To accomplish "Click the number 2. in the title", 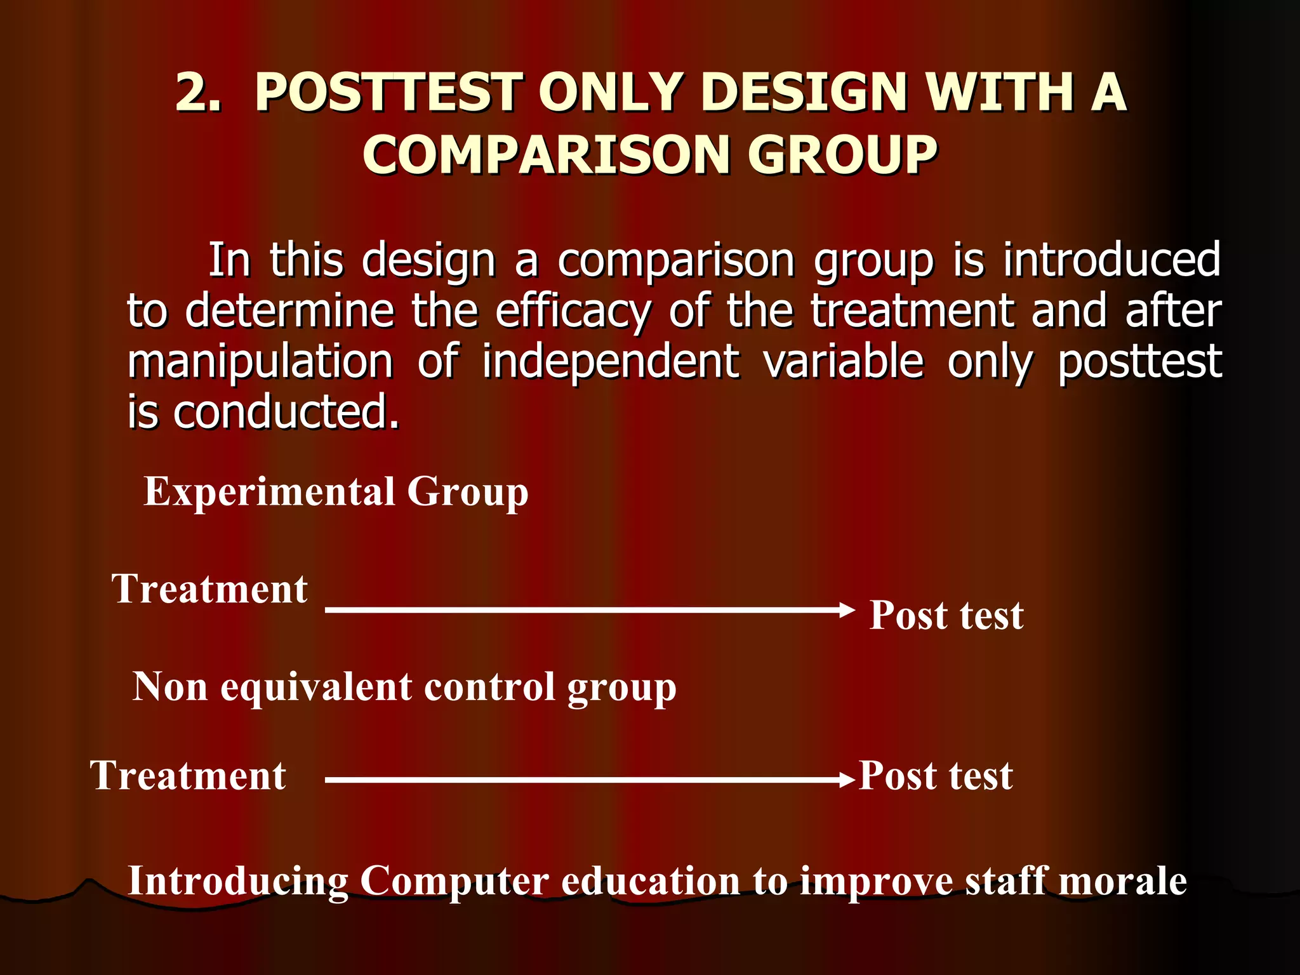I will pyautogui.click(x=198, y=93).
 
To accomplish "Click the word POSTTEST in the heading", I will pyautogui.click(x=388, y=93).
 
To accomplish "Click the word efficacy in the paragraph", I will pyautogui.click(x=573, y=312).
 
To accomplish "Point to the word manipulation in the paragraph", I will pyautogui.click(x=260, y=362).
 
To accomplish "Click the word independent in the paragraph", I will pyautogui.click(x=610, y=362).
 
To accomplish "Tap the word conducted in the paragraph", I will pyautogui.click(x=286, y=413).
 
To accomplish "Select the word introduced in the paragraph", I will pyautogui.click(x=1111, y=260).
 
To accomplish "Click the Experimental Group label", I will pyautogui.click(x=336, y=492).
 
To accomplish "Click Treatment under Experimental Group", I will pyautogui.click(x=209, y=589).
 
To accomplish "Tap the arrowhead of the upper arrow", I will pyautogui.click(x=847, y=610).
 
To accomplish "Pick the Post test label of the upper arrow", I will pyautogui.click(x=946, y=615).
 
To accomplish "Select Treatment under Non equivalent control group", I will pyautogui.click(x=188, y=776).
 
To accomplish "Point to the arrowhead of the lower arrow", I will pyautogui.click(x=847, y=780).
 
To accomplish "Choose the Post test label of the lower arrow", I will pyautogui.click(x=935, y=776).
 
